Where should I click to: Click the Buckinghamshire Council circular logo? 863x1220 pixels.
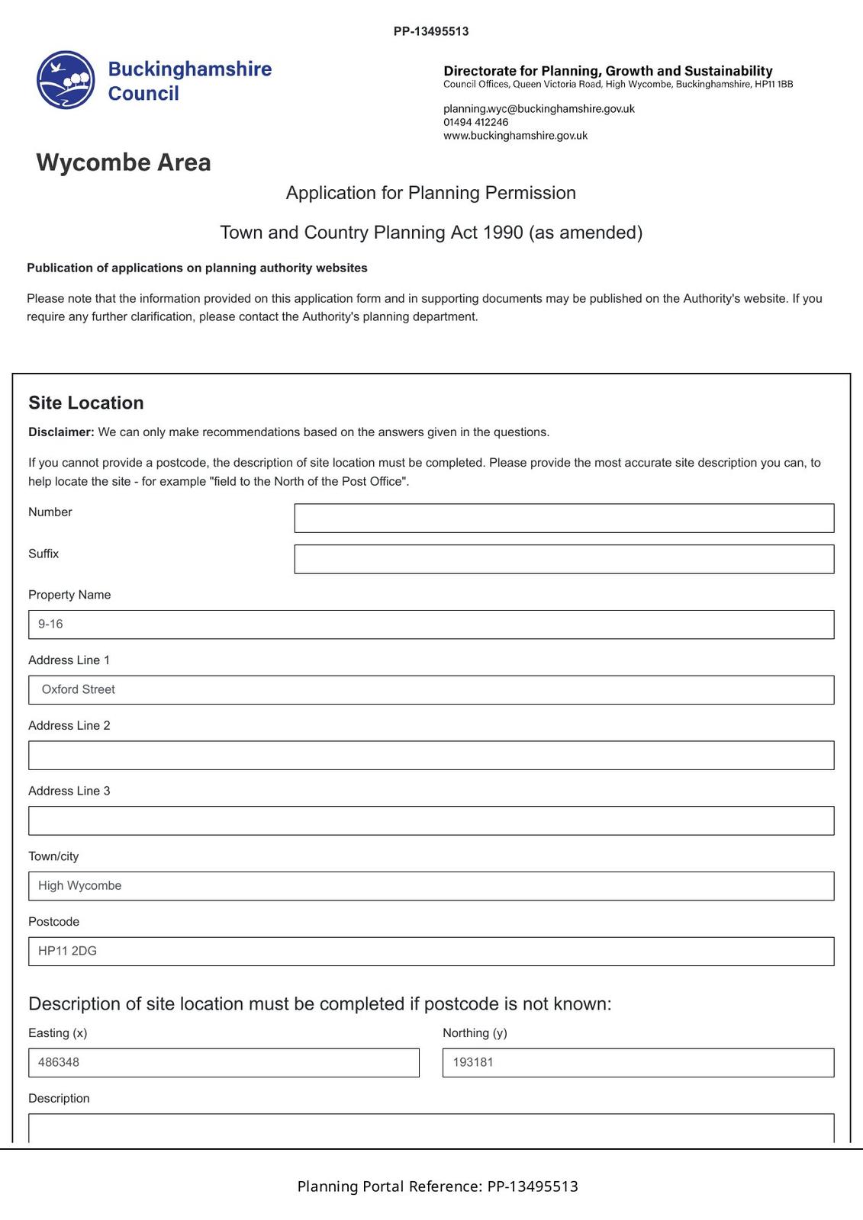[x=66, y=80]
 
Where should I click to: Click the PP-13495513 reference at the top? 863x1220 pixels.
[x=431, y=31]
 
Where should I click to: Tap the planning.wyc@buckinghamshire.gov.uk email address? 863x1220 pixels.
[x=539, y=109]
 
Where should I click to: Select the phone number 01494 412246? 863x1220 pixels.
[x=475, y=122]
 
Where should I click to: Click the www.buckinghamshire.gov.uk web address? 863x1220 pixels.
[x=515, y=136]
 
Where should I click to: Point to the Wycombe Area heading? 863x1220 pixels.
[x=124, y=162]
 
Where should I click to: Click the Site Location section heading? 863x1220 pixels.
[x=86, y=403]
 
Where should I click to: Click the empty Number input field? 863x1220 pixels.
[x=564, y=518]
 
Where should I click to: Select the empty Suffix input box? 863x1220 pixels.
[x=564, y=559]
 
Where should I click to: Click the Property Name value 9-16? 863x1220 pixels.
[x=50, y=624]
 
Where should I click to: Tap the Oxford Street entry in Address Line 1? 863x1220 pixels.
[x=79, y=689]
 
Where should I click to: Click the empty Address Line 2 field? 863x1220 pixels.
[x=431, y=755]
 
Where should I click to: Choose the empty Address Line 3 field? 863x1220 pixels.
[x=431, y=820]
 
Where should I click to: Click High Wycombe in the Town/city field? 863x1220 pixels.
[x=80, y=886]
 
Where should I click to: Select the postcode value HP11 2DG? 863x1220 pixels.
[x=67, y=951]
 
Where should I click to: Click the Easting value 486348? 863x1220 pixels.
[x=59, y=1062]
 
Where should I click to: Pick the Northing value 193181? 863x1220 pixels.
[x=473, y=1062]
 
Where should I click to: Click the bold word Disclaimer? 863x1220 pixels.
[x=61, y=432]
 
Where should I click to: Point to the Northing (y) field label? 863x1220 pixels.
[x=475, y=1033]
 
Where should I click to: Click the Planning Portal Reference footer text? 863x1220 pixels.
[x=437, y=1186]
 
